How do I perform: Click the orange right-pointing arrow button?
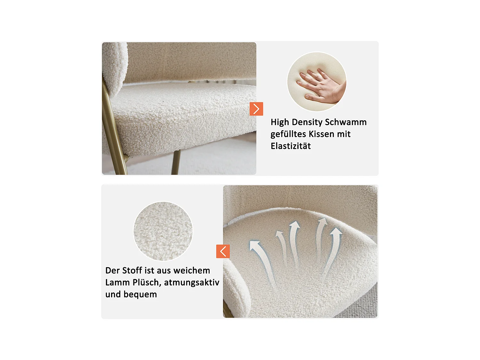coord(256,109)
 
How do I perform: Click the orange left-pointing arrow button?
coord(223,251)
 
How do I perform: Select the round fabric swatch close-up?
coord(163,231)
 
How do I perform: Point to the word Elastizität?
coord(291,146)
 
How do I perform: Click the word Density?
coord(307,122)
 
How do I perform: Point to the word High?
coord(280,122)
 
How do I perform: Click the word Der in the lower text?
coord(112,271)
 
